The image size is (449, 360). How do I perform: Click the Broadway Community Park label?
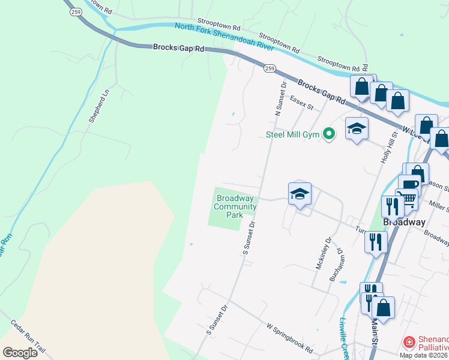tap(236, 206)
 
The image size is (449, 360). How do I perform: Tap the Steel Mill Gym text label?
tap(293, 134)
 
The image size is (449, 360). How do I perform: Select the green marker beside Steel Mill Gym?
tap(328, 134)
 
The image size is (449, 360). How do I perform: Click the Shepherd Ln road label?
tap(100, 106)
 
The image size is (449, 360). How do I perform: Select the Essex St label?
tap(302, 103)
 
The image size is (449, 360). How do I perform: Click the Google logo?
tap(20, 352)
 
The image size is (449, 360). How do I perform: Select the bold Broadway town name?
tap(404, 221)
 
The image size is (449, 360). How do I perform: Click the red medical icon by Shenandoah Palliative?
tap(409, 342)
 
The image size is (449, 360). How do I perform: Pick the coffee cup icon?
tap(410, 184)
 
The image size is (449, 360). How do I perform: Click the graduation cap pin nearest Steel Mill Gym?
tap(356, 128)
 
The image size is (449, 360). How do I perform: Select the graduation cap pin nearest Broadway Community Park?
tap(300, 193)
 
